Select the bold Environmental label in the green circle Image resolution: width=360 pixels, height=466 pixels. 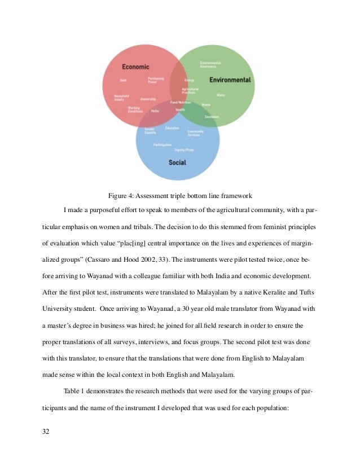[x=230, y=80]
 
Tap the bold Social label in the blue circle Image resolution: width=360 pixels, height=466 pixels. [x=177, y=162]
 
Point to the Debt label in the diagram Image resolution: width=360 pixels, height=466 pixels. [x=123, y=81]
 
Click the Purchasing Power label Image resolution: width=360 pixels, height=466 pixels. [x=156, y=80]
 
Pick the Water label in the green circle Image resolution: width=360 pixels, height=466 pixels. [x=221, y=95]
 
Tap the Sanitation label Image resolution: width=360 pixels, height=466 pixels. [x=212, y=117]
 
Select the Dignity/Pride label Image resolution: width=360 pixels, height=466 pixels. [x=185, y=150]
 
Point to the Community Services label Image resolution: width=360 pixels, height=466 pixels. [x=196, y=133]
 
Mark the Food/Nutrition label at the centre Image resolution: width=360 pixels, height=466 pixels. [x=181, y=103]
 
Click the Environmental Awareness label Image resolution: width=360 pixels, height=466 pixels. [x=210, y=64]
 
